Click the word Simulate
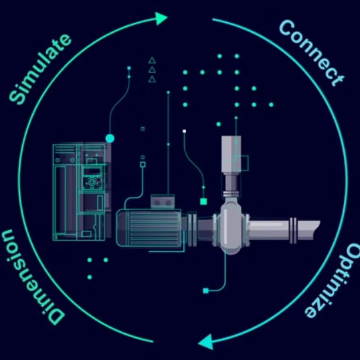coord(40,69)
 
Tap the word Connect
coord(312,53)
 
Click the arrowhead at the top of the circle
coord(161,18)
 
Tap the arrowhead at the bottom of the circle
coord(206,342)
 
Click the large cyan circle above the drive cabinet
coord(110,139)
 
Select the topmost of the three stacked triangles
coord(152,60)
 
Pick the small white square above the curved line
coord(184,131)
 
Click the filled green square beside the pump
coord(203,201)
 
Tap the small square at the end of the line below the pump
coord(205,291)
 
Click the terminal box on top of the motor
coord(163,201)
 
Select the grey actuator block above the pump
coord(232,154)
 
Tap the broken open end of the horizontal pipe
coord(317,230)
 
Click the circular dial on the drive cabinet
coord(92,183)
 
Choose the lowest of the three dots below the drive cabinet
coord(90,277)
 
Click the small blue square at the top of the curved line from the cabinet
coord(128,68)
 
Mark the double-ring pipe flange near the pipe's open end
coord(293,230)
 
